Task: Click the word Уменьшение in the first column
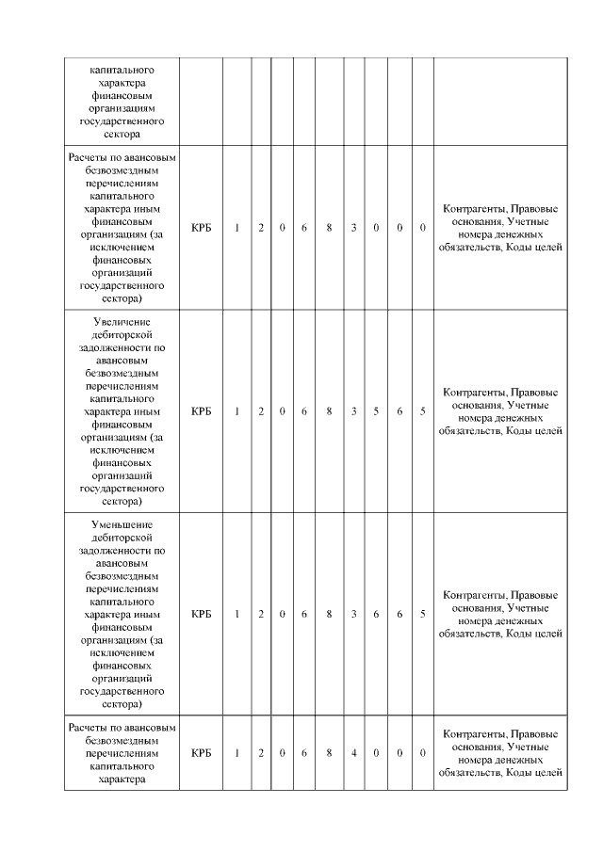pyautogui.click(x=121, y=524)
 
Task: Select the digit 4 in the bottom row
pyautogui.click(x=353, y=753)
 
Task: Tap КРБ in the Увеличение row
pyautogui.click(x=201, y=411)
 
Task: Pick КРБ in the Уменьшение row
pyautogui.click(x=201, y=614)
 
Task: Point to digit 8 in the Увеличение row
pyautogui.click(x=329, y=411)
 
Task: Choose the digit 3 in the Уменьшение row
pyautogui.click(x=353, y=614)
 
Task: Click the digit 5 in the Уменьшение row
pyautogui.click(x=422, y=614)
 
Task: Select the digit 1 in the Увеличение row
pyautogui.click(x=236, y=411)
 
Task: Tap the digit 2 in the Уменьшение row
pyautogui.click(x=261, y=614)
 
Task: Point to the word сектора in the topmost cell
pyautogui.click(x=121, y=135)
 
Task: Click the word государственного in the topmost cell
pyautogui.click(x=121, y=121)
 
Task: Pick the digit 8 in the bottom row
pyautogui.click(x=329, y=753)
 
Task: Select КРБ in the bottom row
pyautogui.click(x=201, y=753)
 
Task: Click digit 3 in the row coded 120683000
pyautogui.click(x=353, y=228)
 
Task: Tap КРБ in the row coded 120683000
pyautogui.click(x=201, y=228)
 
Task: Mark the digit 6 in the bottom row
pyautogui.click(x=304, y=753)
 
